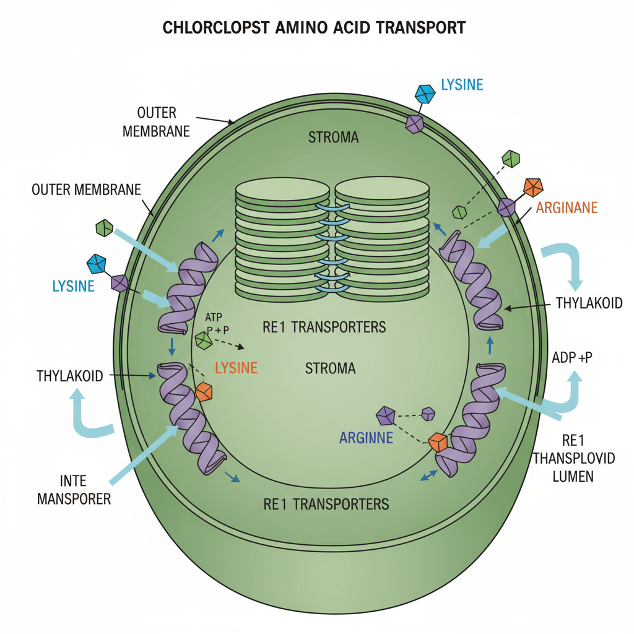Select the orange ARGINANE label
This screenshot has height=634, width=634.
tap(567, 208)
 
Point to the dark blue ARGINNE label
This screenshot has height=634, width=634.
tap(367, 438)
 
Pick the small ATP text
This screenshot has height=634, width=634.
tap(212, 317)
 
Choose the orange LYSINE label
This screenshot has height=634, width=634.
tap(235, 368)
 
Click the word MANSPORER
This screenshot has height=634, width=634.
tap(74, 498)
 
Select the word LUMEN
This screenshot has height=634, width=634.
tap(573, 477)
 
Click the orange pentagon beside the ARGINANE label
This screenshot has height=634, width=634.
tap(532, 187)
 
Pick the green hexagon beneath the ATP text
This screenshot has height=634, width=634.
tap(202, 341)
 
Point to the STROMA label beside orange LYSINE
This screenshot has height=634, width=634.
tap(331, 369)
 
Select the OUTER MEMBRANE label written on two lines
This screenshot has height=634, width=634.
tap(156, 123)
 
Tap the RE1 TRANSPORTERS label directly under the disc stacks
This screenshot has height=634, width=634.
tap(324, 327)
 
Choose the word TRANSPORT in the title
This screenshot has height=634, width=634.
tap(427, 28)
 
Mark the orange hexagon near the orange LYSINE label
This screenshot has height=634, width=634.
tap(204, 392)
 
